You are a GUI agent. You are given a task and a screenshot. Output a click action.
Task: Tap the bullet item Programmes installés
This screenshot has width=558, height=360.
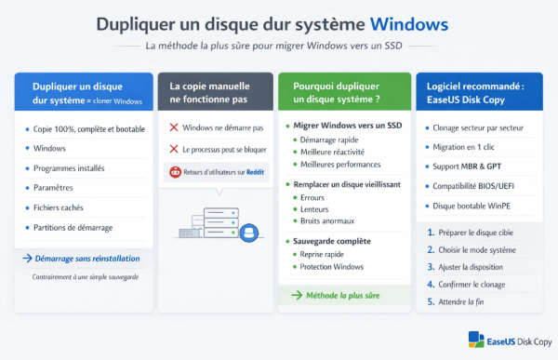coord(69,168)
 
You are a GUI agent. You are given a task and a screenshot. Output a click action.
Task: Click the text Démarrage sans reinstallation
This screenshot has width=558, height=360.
coord(86,258)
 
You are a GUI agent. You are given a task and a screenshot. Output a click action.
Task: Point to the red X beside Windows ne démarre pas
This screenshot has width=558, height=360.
coord(173,127)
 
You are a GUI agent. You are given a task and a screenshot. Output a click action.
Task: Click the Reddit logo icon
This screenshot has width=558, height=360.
coord(173,171)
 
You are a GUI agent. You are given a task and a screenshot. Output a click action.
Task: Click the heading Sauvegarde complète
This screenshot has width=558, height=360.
coord(331,240)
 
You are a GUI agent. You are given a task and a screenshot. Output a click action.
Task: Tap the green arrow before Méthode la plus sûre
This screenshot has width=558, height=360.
coord(297,295)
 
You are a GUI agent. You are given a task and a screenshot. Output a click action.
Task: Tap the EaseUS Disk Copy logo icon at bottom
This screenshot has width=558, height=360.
coord(475,340)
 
